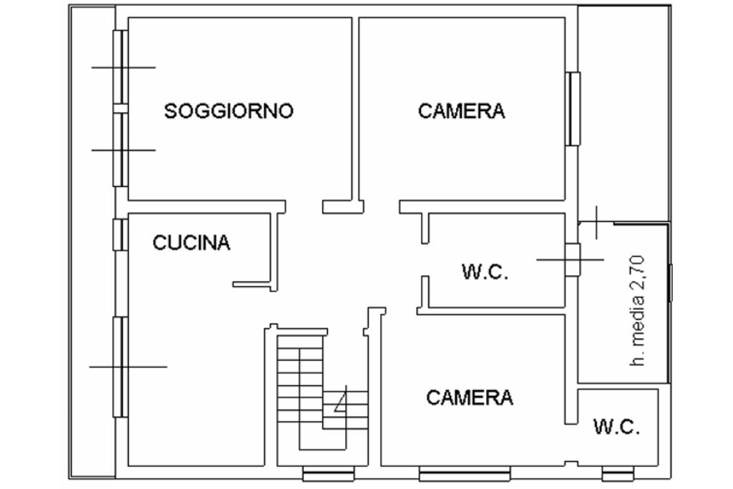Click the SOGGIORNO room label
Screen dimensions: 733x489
pos(228,111)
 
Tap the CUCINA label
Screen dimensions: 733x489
pos(192,243)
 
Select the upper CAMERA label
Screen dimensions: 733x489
pos(462,111)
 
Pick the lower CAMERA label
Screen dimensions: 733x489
pos(470,397)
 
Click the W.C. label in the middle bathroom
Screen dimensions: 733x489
pos(485,272)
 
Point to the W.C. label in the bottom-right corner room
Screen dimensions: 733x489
pos(616,427)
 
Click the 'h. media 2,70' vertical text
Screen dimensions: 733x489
pos(639,311)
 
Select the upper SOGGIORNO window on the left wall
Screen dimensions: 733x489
pos(120,67)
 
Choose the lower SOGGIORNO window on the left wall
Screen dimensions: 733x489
pos(120,150)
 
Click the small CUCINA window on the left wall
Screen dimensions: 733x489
pos(120,234)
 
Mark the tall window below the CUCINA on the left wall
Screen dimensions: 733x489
pos(120,367)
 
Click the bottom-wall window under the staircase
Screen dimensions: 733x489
pos(328,474)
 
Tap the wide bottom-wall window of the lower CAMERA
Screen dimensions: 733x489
pos(465,474)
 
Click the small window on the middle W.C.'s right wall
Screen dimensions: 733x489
pos(573,259)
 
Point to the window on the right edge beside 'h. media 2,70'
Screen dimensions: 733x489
pos(671,282)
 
